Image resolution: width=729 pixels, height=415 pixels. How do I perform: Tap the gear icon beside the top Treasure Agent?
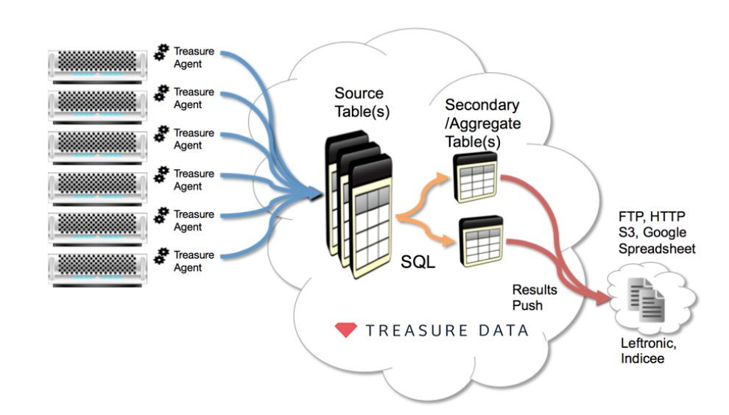161,53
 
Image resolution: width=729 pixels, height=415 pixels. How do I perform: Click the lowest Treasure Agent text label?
194,261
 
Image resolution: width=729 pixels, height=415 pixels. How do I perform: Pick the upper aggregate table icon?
474,176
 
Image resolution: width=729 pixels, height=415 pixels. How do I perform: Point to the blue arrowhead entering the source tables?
314,194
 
